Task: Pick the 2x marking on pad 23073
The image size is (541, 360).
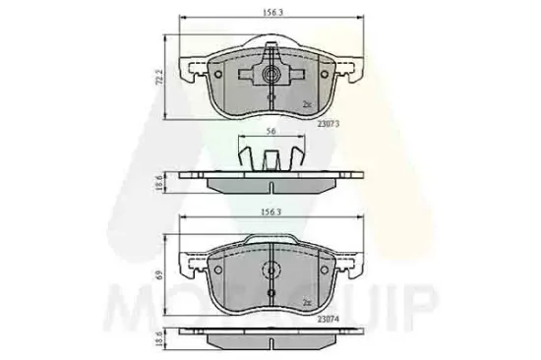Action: (308, 103)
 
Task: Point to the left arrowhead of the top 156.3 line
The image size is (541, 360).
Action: (182, 21)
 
